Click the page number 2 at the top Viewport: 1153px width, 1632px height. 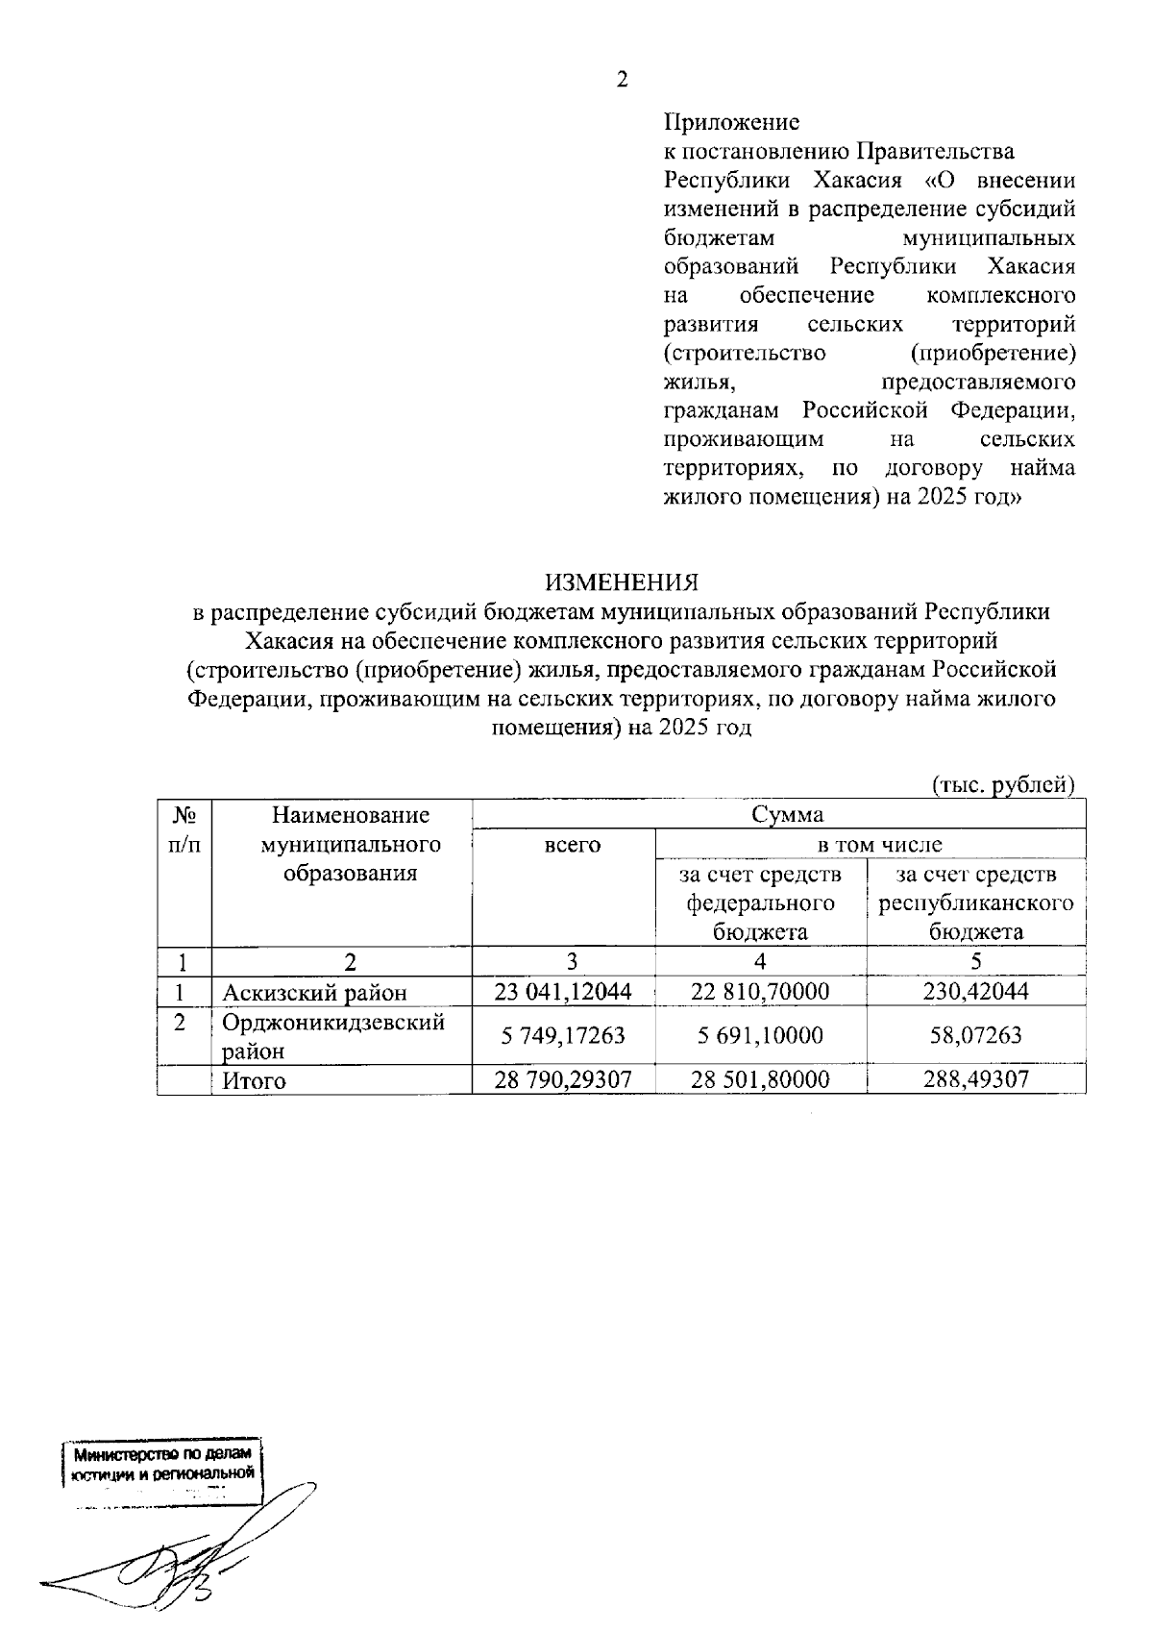pos(622,80)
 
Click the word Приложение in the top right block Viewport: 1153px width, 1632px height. pos(731,123)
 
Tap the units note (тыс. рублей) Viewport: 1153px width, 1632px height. pos(1003,785)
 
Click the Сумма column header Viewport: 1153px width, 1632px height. pos(787,815)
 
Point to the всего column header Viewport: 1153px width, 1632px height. pos(572,845)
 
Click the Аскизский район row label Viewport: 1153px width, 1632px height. pos(315,992)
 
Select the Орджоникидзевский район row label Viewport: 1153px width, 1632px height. pos(333,1035)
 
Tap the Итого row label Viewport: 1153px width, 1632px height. pos(255,1079)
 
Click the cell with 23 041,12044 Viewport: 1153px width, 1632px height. pos(562,992)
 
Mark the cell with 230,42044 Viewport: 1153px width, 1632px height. pos(975,992)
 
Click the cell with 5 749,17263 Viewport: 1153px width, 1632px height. pos(562,1036)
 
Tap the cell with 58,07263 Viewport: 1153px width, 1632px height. pos(975,1036)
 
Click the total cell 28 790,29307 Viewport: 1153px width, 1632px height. pos(562,1079)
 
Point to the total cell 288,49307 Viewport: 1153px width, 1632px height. pos(975,1079)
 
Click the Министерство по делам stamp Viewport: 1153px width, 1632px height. pos(161,1465)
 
